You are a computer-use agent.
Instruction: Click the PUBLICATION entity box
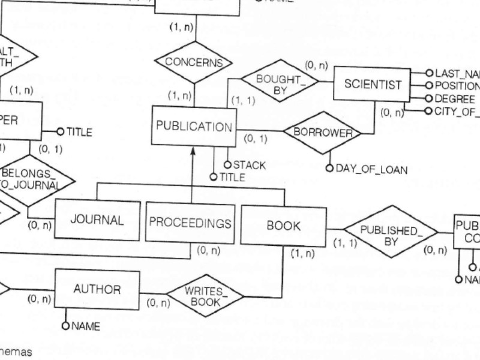click(193, 127)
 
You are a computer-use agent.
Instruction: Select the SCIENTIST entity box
click(373, 84)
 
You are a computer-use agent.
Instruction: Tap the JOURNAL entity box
click(97, 220)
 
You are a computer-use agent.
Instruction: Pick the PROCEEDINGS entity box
click(190, 223)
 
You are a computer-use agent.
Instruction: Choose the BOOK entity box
click(283, 226)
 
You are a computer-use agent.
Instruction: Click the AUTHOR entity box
click(97, 289)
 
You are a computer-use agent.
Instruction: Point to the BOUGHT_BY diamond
click(280, 83)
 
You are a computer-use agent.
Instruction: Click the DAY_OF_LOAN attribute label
click(371, 170)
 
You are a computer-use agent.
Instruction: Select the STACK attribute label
click(249, 165)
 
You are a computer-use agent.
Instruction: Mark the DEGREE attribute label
click(455, 99)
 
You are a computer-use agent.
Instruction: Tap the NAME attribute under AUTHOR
click(85, 326)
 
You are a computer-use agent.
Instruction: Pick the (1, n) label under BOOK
click(302, 254)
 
